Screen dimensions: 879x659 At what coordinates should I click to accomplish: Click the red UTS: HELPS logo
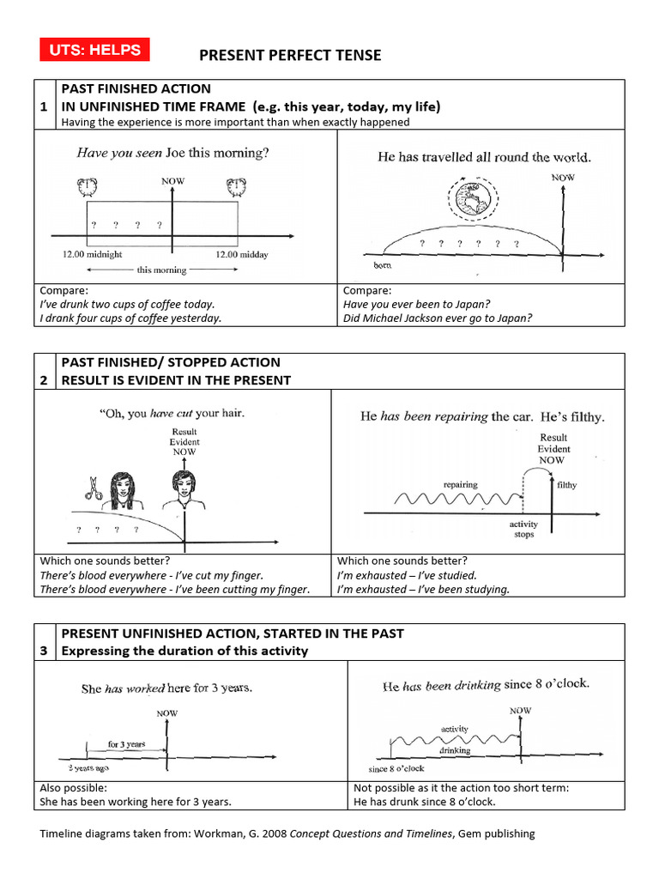[x=94, y=50]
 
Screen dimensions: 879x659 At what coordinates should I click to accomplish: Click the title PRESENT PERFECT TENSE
[x=290, y=56]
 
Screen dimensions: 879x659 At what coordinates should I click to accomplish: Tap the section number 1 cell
[x=43, y=106]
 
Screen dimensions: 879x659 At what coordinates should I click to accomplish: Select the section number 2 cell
[x=43, y=379]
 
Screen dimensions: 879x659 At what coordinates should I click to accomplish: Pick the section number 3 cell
[x=43, y=651]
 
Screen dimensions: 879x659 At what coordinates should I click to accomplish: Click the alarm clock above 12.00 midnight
[x=86, y=188]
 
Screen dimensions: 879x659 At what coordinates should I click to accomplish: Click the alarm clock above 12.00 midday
[x=237, y=188]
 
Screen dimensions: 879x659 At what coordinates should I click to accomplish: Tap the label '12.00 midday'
[x=240, y=254]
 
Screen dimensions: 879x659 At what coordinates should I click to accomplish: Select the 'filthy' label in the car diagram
[x=567, y=485]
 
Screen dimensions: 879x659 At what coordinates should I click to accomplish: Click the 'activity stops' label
[x=523, y=529]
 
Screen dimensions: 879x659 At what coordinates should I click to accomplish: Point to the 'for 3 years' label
[x=126, y=744]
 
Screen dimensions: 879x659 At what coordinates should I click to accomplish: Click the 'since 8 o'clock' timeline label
[x=396, y=768]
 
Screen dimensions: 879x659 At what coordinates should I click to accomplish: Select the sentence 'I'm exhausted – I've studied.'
[x=407, y=575]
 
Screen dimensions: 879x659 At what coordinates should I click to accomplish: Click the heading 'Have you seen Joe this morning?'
[x=172, y=154]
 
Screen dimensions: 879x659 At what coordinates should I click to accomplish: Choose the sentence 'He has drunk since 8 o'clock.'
[x=424, y=802]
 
